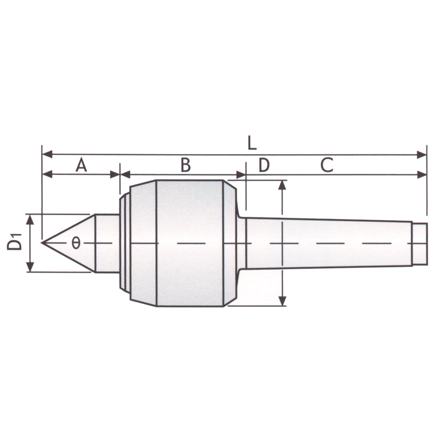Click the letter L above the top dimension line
pyautogui.click(x=252, y=143)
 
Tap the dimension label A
pyautogui.click(x=81, y=165)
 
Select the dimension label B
pyautogui.click(x=186, y=164)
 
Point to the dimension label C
pyautogui.click(x=327, y=165)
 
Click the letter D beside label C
pyautogui.click(x=264, y=165)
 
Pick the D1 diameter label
pyautogui.click(x=15, y=241)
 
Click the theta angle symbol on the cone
pyautogui.click(x=76, y=243)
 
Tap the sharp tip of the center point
pyautogui.click(x=42, y=243)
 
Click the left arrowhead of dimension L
pyautogui.click(x=47, y=155)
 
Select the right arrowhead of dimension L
pyautogui.click(x=421, y=155)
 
